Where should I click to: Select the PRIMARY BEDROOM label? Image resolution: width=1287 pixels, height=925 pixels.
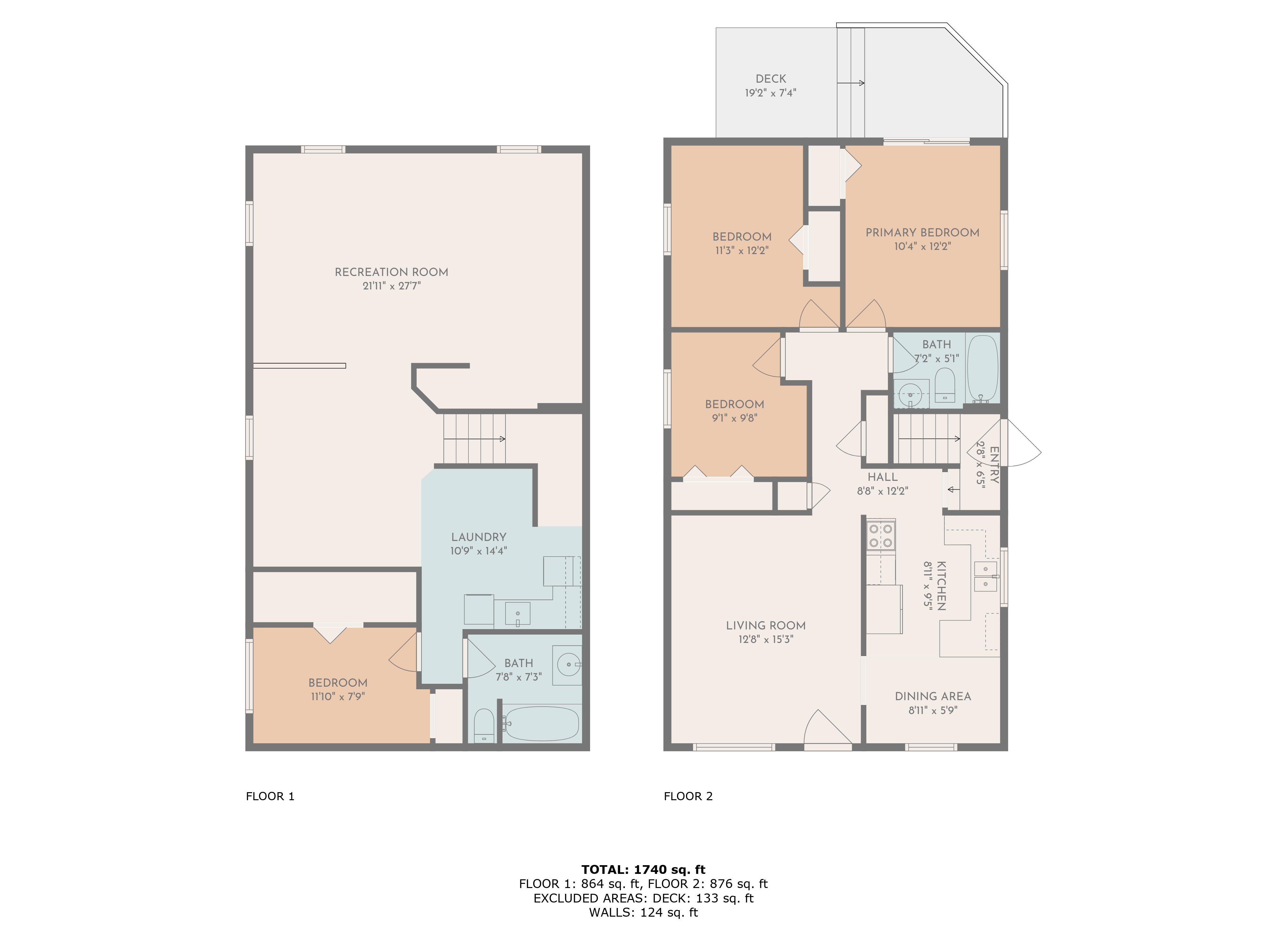pos(922,233)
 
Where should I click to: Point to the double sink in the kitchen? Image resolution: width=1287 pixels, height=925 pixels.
pos(985,576)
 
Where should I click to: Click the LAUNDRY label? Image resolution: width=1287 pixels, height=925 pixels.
pos(478,537)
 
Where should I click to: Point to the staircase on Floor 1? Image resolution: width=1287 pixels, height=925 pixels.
pos(474,438)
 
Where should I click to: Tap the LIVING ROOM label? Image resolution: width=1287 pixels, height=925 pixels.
pos(765,626)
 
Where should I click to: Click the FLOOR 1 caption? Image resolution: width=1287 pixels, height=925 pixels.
pos(270,796)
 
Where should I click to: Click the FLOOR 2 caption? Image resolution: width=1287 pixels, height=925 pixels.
pos(688,796)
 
